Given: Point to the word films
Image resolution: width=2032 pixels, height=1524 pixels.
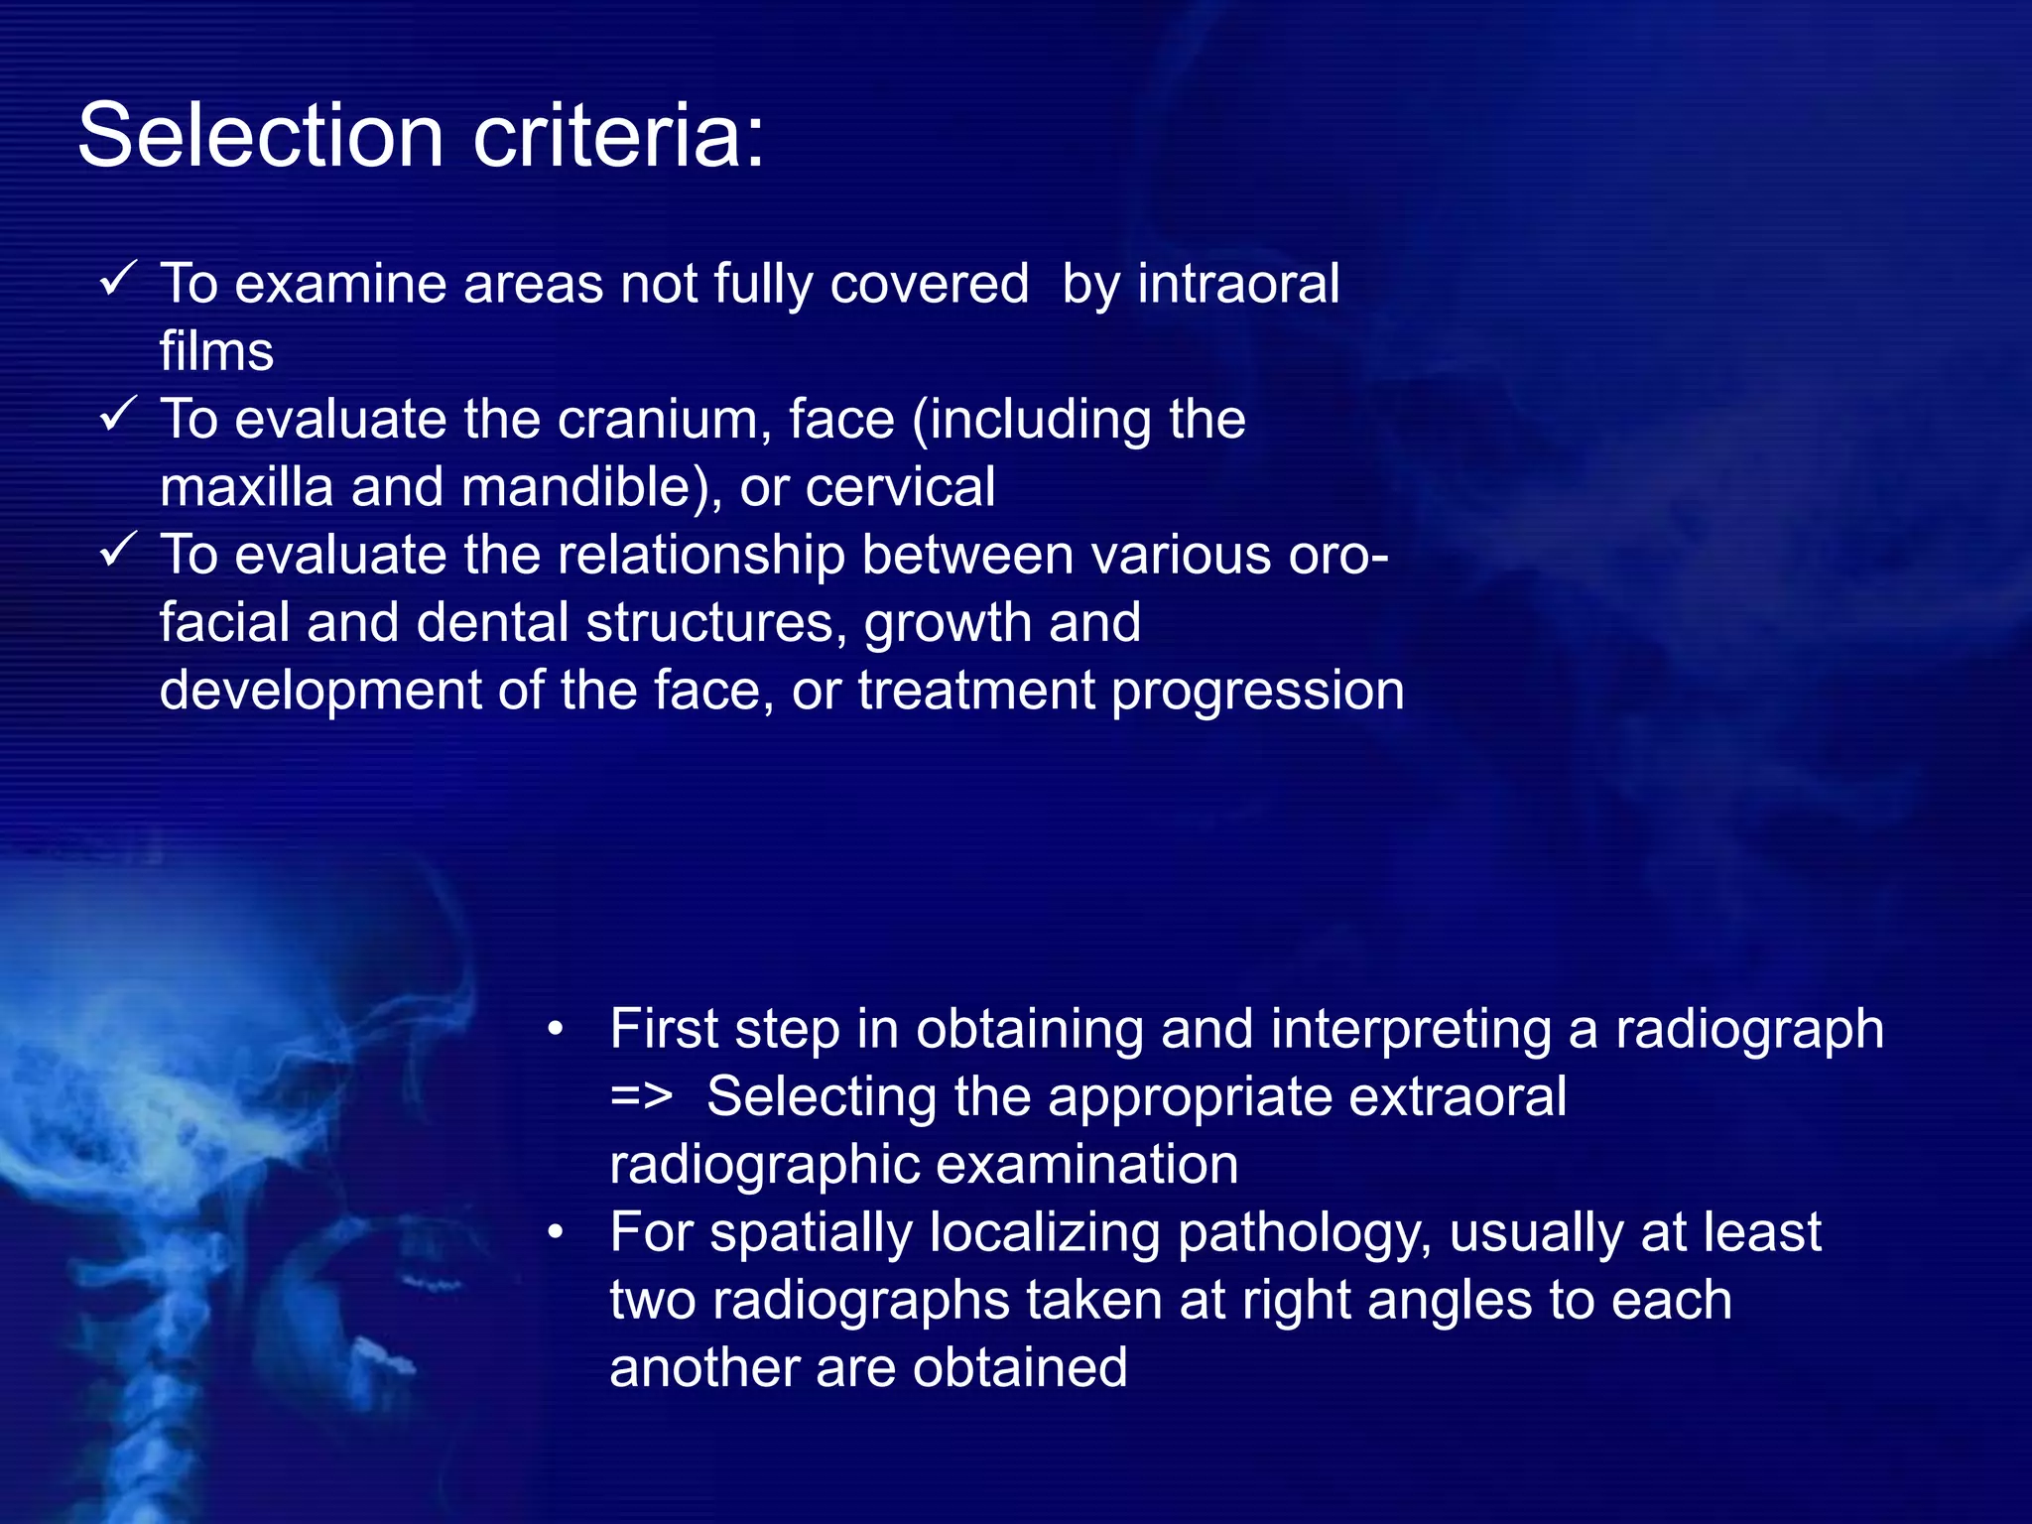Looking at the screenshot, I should (x=216, y=351).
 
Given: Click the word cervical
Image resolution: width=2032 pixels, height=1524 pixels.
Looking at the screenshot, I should (x=899, y=487).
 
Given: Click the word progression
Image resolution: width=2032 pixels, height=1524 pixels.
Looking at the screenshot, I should (x=1257, y=691).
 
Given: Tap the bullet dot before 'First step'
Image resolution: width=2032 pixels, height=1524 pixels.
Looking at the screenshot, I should (x=556, y=1030).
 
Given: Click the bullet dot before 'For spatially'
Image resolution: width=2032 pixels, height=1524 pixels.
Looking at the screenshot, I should (x=556, y=1233).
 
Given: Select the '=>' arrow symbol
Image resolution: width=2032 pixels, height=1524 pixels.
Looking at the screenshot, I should (x=641, y=1098).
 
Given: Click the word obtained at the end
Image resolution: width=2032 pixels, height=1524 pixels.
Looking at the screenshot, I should (x=1020, y=1368).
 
